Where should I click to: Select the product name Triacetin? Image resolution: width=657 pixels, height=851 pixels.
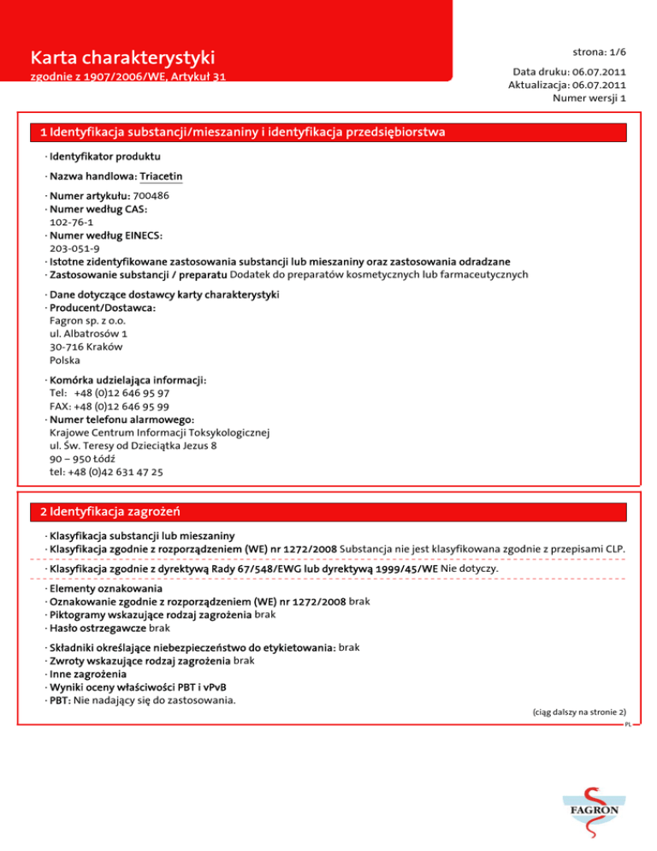pyautogui.click(x=162, y=176)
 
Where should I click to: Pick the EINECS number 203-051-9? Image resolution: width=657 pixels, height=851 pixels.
pyautogui.click(x=74, y=248)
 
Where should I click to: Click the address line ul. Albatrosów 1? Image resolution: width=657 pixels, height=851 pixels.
pyautogui.click(x=89, y=334)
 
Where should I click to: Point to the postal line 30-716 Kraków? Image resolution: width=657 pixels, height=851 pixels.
pyautogui.click(x=86, y=347)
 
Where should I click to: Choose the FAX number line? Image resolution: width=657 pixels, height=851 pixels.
pyautogui.click(x=109, y=407)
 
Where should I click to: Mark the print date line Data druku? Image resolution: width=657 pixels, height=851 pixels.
pyautogui.click(x=569, y=73)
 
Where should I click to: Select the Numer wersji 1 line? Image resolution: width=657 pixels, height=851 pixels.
pyautogui.click(x=590, y=98)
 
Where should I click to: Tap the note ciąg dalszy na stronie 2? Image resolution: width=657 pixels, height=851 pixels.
pyautogui.click(x=580, y=711)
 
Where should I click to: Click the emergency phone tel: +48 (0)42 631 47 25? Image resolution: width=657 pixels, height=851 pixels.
pyautogui.click(x=107, y=472)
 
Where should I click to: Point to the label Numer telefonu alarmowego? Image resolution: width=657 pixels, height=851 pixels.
pyautogui.click(x=122, y=420)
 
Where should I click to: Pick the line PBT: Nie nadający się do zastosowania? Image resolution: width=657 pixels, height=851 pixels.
pyautogui.click(x=143, y=699)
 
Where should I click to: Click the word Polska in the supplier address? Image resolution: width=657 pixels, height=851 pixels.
pyautogui.click(x=65, y=360)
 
